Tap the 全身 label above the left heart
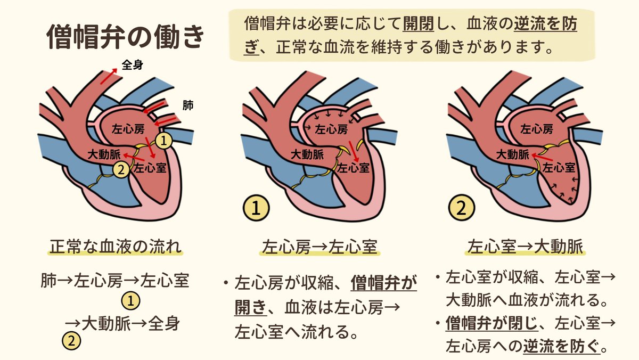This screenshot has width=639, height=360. pos(133,65)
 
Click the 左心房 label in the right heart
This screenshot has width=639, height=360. pos(536,128)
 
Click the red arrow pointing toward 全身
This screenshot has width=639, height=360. pos(110,76)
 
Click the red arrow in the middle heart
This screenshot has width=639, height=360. pos(354,154)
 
